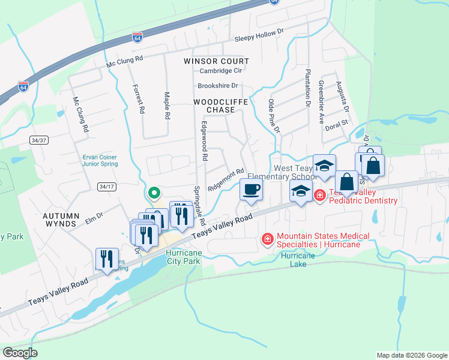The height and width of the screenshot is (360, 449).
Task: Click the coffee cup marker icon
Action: [251, 190]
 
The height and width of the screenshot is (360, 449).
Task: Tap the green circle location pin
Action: [154, 193]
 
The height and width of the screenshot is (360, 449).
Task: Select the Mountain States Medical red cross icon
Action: [267, 240]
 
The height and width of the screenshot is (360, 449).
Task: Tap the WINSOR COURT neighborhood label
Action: [216, 61]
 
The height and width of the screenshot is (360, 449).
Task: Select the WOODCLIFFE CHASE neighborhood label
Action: [220, 106]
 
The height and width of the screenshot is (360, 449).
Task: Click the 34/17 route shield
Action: [107, 187]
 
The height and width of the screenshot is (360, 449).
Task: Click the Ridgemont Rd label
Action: [226, 179]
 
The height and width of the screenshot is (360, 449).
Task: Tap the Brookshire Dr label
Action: [218, 86]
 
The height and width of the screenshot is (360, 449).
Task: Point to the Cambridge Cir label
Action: [220, 71]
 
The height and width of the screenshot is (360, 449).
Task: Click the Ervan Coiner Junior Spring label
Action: [100, 160]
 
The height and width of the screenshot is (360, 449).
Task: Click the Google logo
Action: [20, 352]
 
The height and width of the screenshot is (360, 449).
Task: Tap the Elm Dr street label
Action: [94, 217]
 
